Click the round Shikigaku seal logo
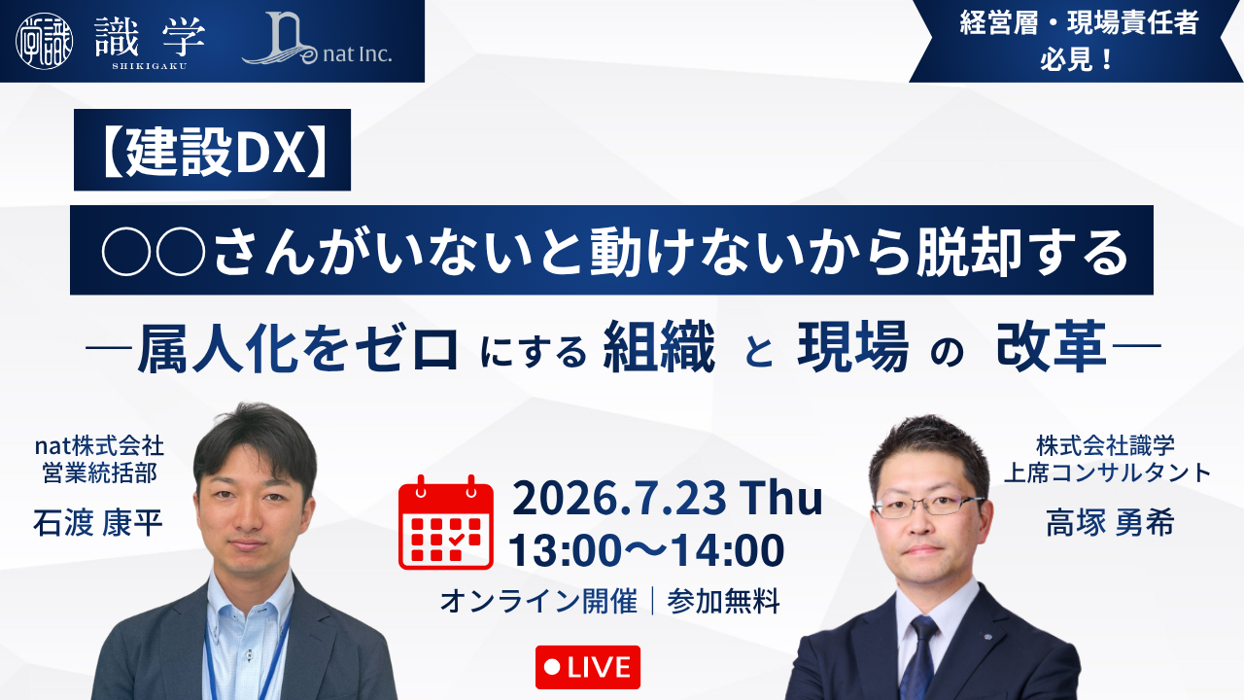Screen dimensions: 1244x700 [x=45, y=41]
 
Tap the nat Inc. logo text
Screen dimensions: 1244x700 [x=357, y=53]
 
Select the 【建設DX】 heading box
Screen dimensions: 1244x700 [x=212, y=150]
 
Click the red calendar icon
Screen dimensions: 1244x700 [x=446, y=522]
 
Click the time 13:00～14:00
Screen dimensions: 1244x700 [x=646, y=550]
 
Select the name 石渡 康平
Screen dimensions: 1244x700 [x=98, y=523]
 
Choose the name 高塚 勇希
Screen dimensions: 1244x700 [x=1110, y=523]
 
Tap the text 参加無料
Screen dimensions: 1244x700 [x=724, y=601]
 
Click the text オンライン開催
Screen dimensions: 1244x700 [x=538, y=601]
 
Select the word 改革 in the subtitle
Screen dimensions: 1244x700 [x=1051, y=347]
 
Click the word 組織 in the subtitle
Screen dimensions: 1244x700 [x=659, y=347]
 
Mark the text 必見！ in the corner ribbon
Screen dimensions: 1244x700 [x=1076, y=58]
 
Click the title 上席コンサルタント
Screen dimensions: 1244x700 [x=1108, y=472]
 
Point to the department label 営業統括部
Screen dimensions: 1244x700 [x=100, y=472]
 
